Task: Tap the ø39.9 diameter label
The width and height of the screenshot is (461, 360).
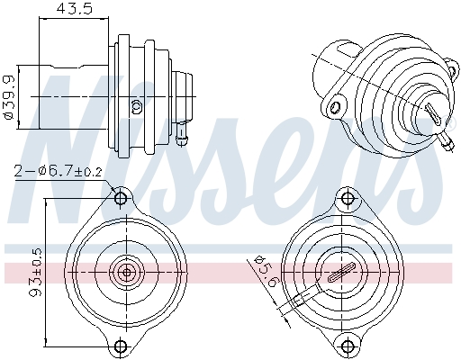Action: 8,93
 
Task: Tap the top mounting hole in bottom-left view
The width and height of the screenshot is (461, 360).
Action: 122,197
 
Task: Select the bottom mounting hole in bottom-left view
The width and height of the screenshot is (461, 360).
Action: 122,345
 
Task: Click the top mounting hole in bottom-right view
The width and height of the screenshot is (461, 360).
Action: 345,197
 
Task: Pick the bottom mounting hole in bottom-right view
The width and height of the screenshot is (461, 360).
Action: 345,345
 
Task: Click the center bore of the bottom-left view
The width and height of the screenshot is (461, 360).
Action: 125,271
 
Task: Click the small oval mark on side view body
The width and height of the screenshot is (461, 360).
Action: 136,105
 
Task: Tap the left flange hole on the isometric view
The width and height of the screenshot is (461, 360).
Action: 336,107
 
